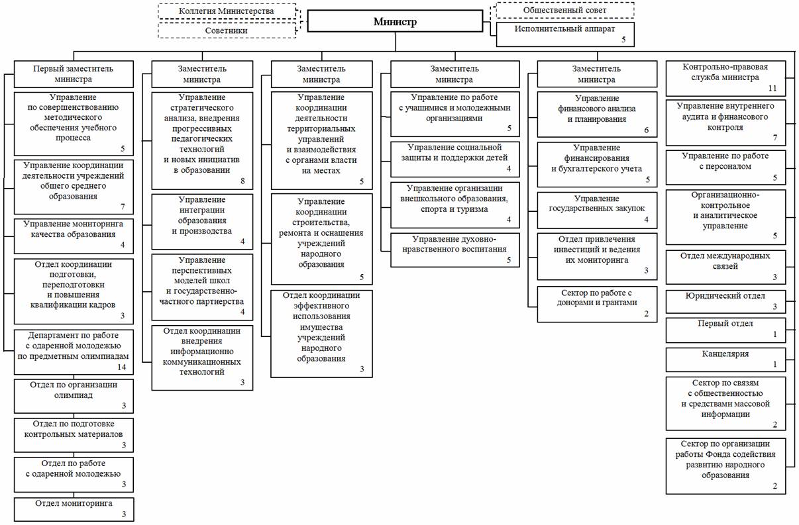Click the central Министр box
pyautogui.click(x=395, y=22)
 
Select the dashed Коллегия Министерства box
pyautogui.click(x=227, y=11)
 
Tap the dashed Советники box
pyautogui.click(x=227, y=30)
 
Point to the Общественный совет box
pyautogui.click(x=565, y=10)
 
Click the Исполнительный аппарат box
pyautogui.click(x=565, y=34)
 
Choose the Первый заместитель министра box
pyautogui.click(x=74, y=73)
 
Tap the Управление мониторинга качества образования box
pyautogui.click(x=74, y=235)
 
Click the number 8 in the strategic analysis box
pyautogui.click(x=242, y=180)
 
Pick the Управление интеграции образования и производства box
pyautogui.click(x=202, y=220)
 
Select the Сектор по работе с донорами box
pyautogui.click(x=597, y=303)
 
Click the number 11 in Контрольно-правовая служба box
pyautogui.click(x=772, y=87)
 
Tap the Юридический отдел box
pyautogui.click(x=726, y=301)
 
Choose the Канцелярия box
pyautogui.click(x=726, y=358)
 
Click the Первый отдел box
pyautogui.click(x=726, y=329)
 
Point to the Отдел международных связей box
pyautogui.click(x=726, y=267)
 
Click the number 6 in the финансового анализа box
pyautogui.click(x=646, y=130)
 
